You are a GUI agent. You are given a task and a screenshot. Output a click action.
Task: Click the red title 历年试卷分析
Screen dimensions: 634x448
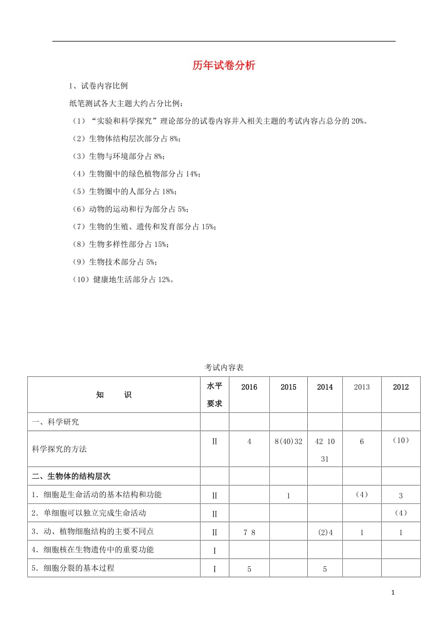pyautogui.click(x=224, y=65)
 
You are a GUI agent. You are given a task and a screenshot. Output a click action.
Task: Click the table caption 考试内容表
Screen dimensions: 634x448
pyautogui.click(x=224, y=367)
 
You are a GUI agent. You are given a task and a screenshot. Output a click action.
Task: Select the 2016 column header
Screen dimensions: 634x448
pyautogui.click(x=249, y=387)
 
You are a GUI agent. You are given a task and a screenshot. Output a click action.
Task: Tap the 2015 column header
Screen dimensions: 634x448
pyautogui.click(x=288, y=387)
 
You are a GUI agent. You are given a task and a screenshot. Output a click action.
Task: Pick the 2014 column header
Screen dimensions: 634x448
pyautogui.click(x=325, y=387)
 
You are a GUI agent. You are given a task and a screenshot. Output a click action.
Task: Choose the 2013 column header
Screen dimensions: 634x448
pyautogui.click(x=362, y=387)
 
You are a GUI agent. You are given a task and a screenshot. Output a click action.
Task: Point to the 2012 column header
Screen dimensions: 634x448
pyautogui.click(x=401, y=387)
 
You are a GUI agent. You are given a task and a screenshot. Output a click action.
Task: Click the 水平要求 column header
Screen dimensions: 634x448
pyautogui.click(x=214, y=394)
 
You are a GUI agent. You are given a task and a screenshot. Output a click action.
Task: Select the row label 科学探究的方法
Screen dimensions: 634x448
pyautogui.click(x=59, y=449)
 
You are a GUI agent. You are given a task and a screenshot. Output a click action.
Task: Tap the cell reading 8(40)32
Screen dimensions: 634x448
pyautogui.click(x=288, y=442)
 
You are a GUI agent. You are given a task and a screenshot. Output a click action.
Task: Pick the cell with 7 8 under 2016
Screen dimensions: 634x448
pyautogui.click(x=249, y=532)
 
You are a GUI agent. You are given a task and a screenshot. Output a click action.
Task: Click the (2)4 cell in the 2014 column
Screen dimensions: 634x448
pyautogui.click(x=325, y=532)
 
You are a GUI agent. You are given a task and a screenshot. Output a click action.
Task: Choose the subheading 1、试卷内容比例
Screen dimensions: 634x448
pyautogui.click(x=99, y=86)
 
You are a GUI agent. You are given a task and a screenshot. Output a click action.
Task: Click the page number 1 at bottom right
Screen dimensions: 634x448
pyautogui.click(x=393, y=593)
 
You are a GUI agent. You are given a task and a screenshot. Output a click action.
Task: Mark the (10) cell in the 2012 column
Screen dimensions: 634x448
pyautogui.click(x=401, y=440)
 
